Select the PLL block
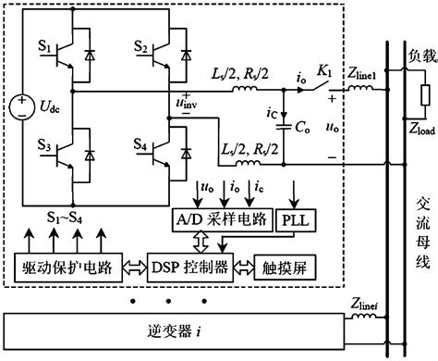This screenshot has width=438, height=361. coord(293,222)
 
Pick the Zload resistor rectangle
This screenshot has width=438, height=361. coord(425,96)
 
